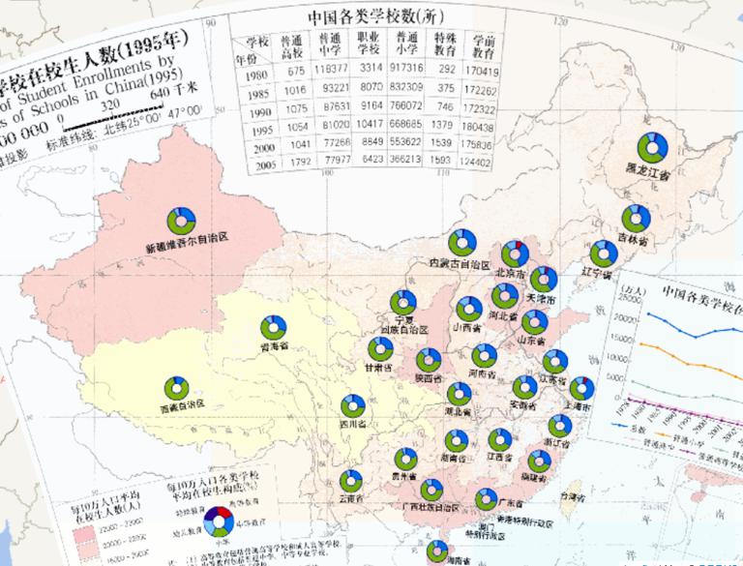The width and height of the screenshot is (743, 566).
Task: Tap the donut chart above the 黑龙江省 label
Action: (x=653, y=147)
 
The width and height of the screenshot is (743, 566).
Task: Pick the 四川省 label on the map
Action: (x=353, y=424)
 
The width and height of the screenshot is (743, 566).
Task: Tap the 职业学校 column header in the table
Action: (x=370, y=48)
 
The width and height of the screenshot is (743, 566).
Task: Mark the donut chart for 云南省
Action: (x=351, y=480)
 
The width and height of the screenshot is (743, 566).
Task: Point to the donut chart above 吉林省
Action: (x=636, y=218)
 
